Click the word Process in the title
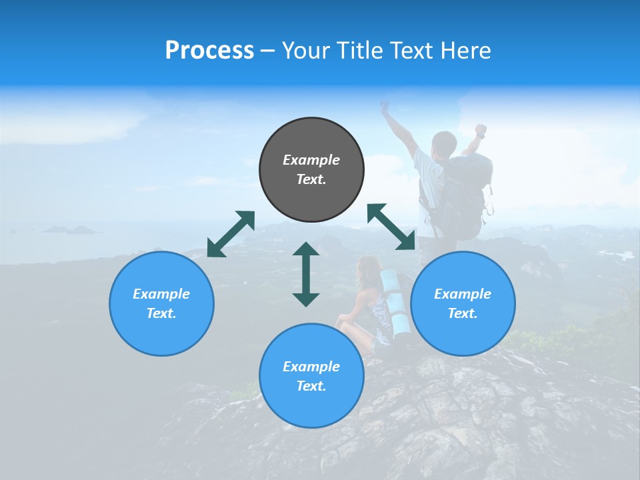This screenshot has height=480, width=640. pos(209,51)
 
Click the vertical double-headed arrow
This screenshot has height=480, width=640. pos(306,274)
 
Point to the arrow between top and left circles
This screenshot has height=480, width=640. pos(231,233)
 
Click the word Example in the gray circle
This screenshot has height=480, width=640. pos(311,160)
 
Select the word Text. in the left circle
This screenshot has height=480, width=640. pos(161,313)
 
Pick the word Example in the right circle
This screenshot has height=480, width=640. pos(463,294)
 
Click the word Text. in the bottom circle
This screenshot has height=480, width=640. pos(311,386)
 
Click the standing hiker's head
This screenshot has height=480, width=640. pos(443,143)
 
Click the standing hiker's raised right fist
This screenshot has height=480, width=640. pos(480,129)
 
